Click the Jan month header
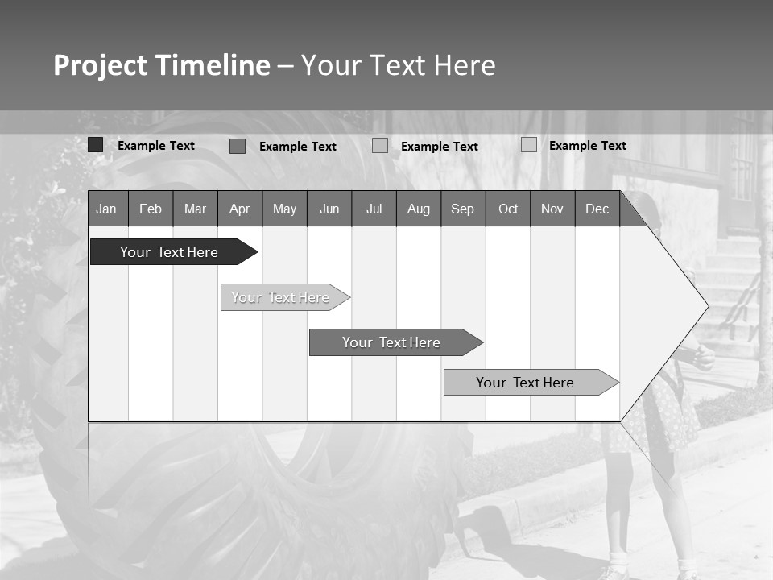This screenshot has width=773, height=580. pyautogui.click(x=107, y=209)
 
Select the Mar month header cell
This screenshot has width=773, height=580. pyautogui.click(x=195, y=209)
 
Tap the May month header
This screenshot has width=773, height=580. pyautogui.click(x=284, y=209)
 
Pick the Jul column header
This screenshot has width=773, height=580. pyautogui.click(x=374, y=209)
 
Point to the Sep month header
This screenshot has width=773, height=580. pyautogui.click(x=462, y=209)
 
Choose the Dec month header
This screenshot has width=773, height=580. pyautogui.click(x=597, y=209)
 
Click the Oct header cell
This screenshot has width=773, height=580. pyautogui.click(x=508, y=209)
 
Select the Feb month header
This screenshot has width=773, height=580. pyautogui.click(x=151, y=209)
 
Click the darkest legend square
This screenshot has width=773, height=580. pyautogui.click(x=95, y=145)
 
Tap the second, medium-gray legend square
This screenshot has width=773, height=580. pyautogui.click(x=237, y=146)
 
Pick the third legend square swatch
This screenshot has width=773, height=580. pyautogui.click(x=380, y=145)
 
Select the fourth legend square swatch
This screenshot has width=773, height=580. pyautogui.click(x=528, y=145)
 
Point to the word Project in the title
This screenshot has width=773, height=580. pyautogui.click(x=100, y=65)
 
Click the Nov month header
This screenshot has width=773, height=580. pyautogui.click(x=552, y=209)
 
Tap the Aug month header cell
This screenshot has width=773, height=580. pyautogui.click(x=418, y=209)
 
